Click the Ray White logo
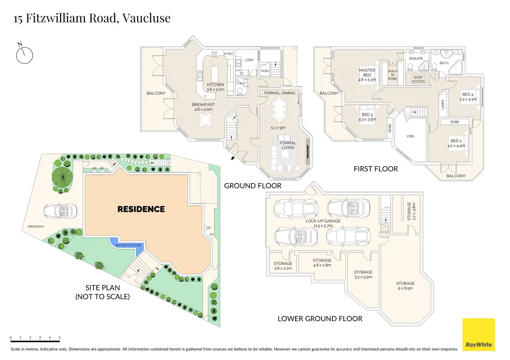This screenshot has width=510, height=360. pyautogui.click(x=478, y=334)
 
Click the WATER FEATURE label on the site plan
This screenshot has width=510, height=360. pyautogui.click(x=128, y=245)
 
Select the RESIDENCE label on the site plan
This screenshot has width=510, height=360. pyautogui.click(x=141, y=209)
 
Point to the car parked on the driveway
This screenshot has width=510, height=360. pyautogui.click(x=60, y=211)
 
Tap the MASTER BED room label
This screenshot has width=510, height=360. pyautogui.click(x=367, y=73)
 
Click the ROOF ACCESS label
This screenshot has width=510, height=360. pyautogui.click(x=418, y=79)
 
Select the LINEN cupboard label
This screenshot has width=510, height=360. pyautogui.click(x=442, y=105)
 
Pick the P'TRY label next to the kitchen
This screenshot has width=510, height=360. pyautogui.click(x=228, y=54)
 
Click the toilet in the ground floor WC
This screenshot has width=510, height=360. pyautogui.click(x=240, y=91)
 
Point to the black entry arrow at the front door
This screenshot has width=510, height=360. pyautogui.click(x=232, y=158)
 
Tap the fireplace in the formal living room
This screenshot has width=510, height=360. pyautogui.click(x=308, y=152)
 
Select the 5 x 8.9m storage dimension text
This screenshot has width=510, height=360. pyautogui.click(x=405, y=288)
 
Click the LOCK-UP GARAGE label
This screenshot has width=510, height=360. pyautogui.click(x=323, y=221)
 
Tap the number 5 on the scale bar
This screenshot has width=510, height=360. pyautogui.click(x=60, y=337)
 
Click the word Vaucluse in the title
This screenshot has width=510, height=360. pyautogui.click(x=147, y=18)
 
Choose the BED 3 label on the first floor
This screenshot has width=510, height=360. pyautogui.click(x=367, y=115)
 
